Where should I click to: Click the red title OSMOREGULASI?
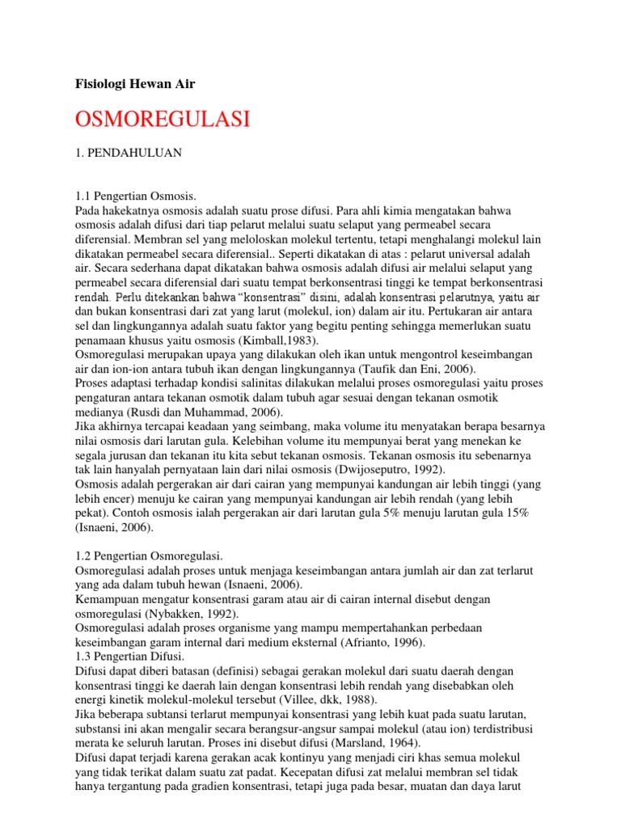[x=162, y=120]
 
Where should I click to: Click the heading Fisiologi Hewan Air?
[x=135, y=83]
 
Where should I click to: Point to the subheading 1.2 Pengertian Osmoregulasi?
[x=149, y=556]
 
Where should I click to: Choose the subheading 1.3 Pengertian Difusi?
[x=130, y=657]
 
